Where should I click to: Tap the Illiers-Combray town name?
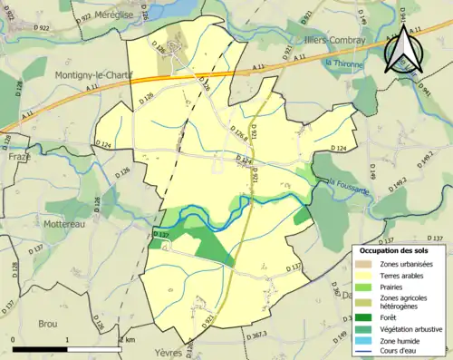pyautogui.click(x=332, y=41)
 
